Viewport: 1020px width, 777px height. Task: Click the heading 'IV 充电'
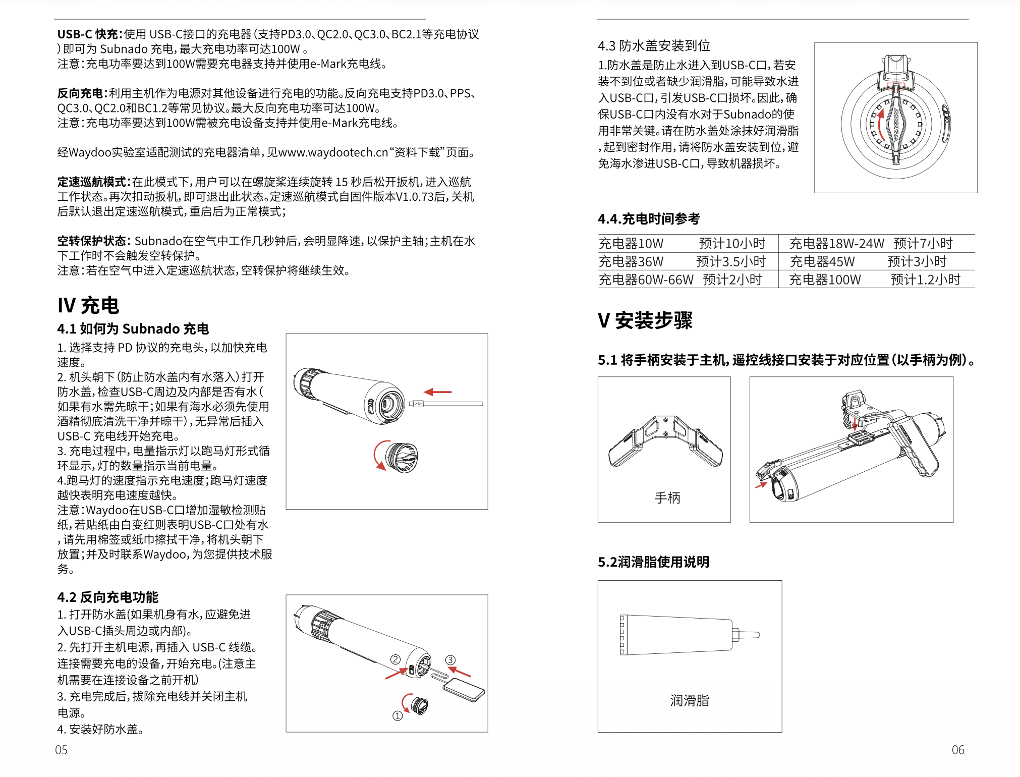88,305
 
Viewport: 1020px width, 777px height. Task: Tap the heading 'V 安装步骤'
645,320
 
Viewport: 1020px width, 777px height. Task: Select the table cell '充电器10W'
631,244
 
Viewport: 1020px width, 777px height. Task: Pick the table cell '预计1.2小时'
925,280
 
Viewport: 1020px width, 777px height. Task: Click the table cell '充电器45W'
822,262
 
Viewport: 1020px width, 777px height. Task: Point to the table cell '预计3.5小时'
731,262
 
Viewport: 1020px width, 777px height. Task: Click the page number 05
61,750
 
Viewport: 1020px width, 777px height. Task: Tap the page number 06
958,750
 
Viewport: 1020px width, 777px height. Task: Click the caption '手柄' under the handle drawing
667,498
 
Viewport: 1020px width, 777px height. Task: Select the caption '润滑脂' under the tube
690,700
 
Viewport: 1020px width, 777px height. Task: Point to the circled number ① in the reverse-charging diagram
398,715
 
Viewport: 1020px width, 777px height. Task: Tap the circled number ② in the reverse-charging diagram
395,659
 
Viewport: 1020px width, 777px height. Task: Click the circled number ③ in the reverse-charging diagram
450,660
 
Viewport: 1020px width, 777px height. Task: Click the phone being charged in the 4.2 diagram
463,690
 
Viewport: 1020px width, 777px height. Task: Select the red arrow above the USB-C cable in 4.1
437,392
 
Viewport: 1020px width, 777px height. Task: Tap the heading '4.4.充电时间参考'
649,219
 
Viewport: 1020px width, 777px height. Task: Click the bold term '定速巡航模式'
94,182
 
